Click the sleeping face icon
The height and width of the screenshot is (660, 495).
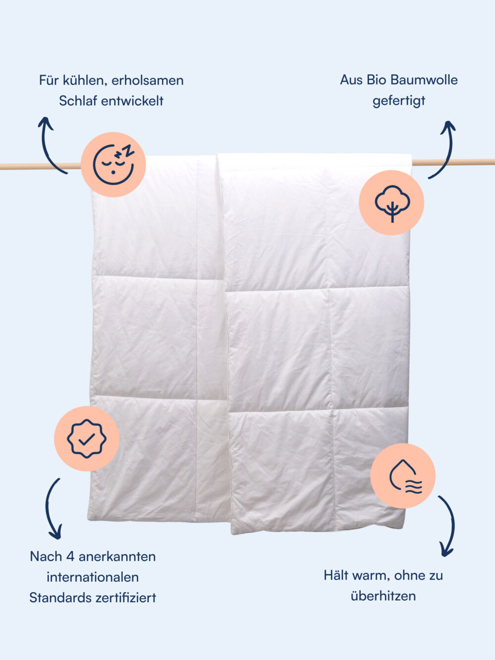(113, 164)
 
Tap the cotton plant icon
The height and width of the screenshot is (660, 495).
(392, 203)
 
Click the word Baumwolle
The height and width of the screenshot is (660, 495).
(424, 80)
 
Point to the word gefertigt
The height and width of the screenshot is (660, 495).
(399, 101)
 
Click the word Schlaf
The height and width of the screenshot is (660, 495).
(78, 101)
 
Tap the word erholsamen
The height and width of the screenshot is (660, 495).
(148, 81)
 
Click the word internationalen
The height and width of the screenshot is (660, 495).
(93, 577)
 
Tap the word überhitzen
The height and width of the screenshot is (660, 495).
(383, 596)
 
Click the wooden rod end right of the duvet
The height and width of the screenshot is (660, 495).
(453, 162)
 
